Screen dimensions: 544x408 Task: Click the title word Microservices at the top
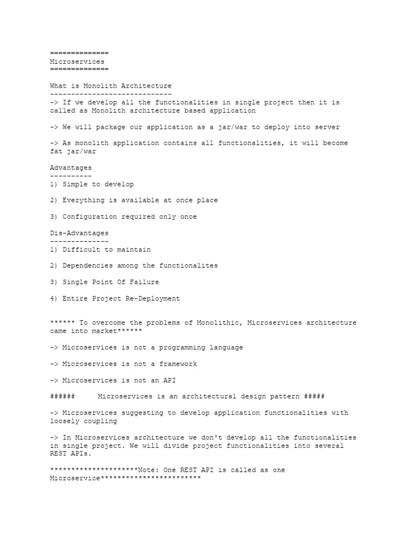(x=77, y=62)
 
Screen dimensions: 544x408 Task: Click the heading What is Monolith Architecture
(x=110, y=86)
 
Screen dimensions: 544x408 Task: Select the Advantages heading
(x=71, y=168)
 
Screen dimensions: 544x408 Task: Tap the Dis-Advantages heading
(x=79, y=233)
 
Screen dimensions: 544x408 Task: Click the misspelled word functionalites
(x=190, y=266)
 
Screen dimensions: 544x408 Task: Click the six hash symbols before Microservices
(x=62, y=397)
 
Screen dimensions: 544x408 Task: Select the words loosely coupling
(x=83, y=421)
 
